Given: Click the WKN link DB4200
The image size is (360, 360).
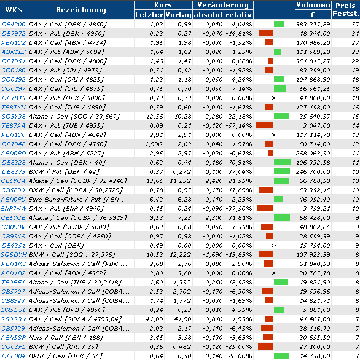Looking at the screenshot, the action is [x=14, y=24].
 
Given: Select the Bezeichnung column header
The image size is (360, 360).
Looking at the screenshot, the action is [x=81, y=10].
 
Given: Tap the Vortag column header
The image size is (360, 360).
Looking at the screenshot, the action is [x=178, y=15].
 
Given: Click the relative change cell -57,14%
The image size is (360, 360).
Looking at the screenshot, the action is [x=238, y=125].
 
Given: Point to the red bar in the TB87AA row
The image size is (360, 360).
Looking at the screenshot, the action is [x=264, y=125].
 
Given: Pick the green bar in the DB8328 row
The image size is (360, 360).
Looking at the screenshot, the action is [x=282, y=162].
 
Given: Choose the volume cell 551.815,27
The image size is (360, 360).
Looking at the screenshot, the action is [x=313, y=61].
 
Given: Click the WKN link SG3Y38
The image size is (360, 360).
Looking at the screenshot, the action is [x=14, y=116].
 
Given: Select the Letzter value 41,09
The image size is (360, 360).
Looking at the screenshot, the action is [x=154, y=319].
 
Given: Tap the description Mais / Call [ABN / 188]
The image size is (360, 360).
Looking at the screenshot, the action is [x=66, y=337].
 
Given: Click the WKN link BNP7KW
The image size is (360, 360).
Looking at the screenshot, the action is [x=14, y=208].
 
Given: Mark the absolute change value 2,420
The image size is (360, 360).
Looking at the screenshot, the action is [x=214, y=181].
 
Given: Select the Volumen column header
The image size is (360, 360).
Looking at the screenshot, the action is [x=313, y=5].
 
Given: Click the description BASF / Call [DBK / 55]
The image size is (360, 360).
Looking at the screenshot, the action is [x=66, y=356].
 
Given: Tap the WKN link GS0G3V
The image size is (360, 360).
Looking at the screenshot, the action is [x=14, y=319].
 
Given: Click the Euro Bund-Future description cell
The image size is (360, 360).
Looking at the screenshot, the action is [x=77, y=199].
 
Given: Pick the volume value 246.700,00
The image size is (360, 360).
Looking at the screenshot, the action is [x=313, y=172].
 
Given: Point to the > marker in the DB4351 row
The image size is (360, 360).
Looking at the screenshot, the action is [x=273, y=245].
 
